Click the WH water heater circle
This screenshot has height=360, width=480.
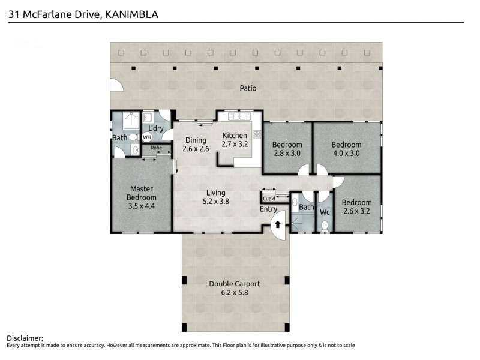tap(147, 137)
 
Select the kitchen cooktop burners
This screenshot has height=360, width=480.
tap(256, 134)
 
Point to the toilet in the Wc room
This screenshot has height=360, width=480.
tap(325, 225)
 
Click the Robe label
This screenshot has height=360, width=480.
tap(156, 147)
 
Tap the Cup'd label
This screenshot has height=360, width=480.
tap(269, 199)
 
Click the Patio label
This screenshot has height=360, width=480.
tap(248, 88)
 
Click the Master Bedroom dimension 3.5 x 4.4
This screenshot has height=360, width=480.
tap(142, 205)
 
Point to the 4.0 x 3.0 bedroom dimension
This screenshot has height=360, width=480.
tap(346, 152)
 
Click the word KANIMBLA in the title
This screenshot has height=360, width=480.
tap(131, 14)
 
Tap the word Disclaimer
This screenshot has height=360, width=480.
tap(25, 338)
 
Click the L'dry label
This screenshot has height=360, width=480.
tap(156, 128)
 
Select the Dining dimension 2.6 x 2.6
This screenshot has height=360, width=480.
tap(196, 148)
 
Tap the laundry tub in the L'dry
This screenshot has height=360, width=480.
tap(148, 118)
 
